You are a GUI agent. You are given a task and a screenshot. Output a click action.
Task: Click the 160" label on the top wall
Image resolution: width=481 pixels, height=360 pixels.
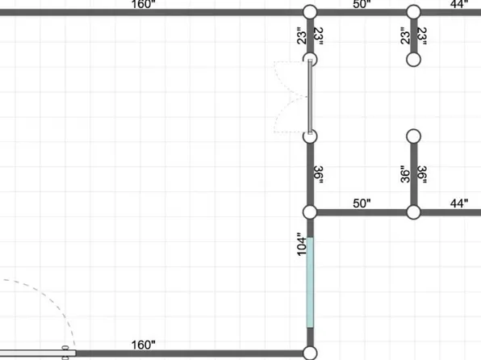point(144,4)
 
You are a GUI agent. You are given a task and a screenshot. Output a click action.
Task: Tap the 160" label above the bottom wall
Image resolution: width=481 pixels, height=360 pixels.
point(144,345)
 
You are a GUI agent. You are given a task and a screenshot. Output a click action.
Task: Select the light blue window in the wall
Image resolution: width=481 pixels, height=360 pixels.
point(310,283)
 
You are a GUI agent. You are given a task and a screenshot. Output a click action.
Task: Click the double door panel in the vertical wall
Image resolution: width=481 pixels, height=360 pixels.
point(310,97)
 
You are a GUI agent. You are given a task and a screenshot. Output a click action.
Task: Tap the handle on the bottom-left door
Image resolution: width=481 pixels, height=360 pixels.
point(65,353)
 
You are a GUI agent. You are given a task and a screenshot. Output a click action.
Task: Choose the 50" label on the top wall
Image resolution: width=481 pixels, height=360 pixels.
point(362,4)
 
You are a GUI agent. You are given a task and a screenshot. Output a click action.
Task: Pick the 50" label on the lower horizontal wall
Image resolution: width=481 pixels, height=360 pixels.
point(362,203)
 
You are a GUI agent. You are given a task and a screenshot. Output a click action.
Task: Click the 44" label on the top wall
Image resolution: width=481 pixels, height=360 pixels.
point(459,4)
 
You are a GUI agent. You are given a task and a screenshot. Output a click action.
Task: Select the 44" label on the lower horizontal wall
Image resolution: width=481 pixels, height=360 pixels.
point(459,203)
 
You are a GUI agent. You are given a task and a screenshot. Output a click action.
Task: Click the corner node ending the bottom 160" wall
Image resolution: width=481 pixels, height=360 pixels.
point(310,354)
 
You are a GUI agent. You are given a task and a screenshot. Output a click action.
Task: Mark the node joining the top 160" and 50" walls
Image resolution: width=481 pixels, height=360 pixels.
point(310,12)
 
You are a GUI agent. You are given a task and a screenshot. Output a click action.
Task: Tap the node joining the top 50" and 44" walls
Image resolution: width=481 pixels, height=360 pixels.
point(413,12)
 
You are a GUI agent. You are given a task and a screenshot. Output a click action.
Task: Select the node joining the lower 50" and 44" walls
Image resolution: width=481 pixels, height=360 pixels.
point(413,212)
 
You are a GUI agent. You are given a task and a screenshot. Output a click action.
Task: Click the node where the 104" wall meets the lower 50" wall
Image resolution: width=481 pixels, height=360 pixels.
point(310,212)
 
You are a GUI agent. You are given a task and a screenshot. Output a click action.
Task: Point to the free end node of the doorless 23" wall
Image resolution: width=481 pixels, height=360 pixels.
point(413,60)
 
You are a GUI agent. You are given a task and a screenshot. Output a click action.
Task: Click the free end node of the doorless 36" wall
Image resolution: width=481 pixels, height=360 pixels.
point(413,136)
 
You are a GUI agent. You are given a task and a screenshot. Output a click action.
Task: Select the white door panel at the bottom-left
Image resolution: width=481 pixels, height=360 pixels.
point(38,354)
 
